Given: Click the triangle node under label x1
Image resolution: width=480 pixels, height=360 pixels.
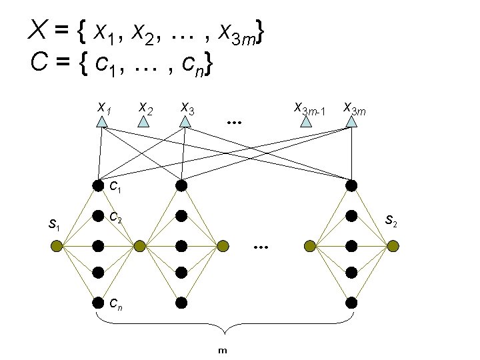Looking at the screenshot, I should (x=101, y=122).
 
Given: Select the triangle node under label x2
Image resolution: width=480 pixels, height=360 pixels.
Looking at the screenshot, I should (x=143, y=122).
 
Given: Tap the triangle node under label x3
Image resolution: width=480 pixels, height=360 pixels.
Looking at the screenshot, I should (x=185, y=122).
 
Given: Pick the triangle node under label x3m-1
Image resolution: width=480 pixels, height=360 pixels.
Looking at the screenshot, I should (x=306, y=122).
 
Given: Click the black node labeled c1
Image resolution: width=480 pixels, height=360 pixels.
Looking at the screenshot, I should (x=98, y=185).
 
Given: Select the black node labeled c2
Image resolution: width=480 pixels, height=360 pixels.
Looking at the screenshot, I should (x=98, y=216).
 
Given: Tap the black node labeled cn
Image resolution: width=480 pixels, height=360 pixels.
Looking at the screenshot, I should (x=98, y=302).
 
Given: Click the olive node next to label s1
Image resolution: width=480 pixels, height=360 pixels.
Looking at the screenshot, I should (x=57, y=247).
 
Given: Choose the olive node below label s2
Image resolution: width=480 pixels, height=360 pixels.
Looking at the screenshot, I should (x=393, y=247).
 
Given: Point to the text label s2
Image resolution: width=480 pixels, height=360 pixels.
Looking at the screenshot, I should (x=393, y=220).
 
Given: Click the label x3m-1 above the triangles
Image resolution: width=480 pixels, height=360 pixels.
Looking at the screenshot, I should (x=309, y=107).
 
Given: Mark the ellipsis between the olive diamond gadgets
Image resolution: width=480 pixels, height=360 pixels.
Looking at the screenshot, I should (x=260, y=247).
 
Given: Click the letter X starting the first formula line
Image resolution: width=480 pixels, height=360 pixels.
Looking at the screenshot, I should (x=37, y=29).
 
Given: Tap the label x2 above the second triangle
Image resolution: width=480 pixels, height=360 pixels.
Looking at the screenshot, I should (x=145, y=106).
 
